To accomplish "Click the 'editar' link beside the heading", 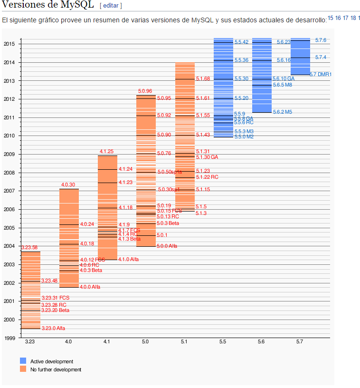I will pos(111,6).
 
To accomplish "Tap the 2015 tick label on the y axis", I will pos(9,44).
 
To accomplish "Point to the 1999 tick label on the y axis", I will pos(9,338).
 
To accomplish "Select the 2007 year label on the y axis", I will pos(9,191).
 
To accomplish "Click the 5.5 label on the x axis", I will pos(223,342).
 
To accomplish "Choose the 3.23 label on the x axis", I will pos(30,342).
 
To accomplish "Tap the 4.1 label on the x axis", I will pos(107,342).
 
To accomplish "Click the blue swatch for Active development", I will pos(23,361).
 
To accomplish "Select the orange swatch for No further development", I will pos(23,369).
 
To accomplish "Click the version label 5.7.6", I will pos(321,40).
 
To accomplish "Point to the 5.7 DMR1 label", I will pos(321,75).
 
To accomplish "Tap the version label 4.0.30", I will pos(68,184).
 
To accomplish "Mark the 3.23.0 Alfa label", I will pos(53,329).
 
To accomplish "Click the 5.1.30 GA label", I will pos(207,157).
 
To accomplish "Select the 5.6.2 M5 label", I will pos(282,112).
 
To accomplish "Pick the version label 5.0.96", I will pos(145,91).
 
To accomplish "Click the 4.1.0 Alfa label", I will pos(128,260).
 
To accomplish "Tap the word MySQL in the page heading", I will pos(77,5).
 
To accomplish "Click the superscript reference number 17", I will pos(346,18).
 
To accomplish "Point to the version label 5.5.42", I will pos(241,42).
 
